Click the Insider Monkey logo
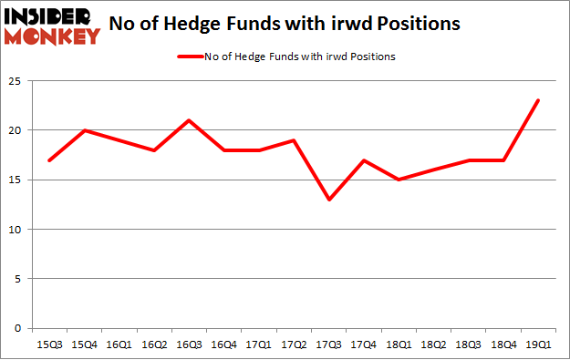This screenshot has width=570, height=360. (x=52, y=26)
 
